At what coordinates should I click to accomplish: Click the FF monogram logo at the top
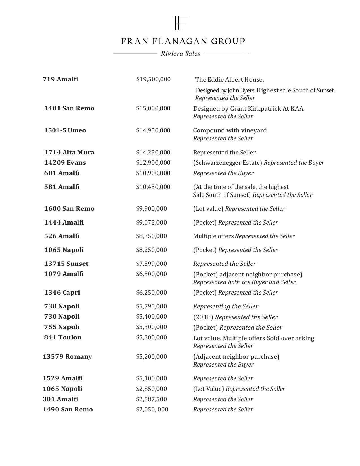click(x=180, y=23)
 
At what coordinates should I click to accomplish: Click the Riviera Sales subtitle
click(x=180, y=53)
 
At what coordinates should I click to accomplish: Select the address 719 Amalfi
click(x=60, y=79)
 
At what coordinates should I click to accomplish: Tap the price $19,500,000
click(x=153, y=79)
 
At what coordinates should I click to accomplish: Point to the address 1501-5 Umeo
click(x=65, y=130)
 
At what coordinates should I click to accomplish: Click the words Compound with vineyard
click(x=230, y=130)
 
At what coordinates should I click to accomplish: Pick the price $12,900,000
click(x=153, y=163)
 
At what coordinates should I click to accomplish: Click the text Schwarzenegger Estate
click(x=228, y=163)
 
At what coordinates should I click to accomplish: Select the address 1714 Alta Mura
click(x=69, y=153)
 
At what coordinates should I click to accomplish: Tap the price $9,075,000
click(x=151, y=223)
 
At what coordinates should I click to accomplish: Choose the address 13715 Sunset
click(x=66, y=264)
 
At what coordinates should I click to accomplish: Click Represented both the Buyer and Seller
click(x=245, y=282)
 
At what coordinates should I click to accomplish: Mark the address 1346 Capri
click(x=62, y=293)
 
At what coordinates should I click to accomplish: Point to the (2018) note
click(x=203, y=317)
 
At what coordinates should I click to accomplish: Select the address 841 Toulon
click(x=63, y=337)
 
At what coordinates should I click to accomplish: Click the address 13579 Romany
click(x=67, y=357)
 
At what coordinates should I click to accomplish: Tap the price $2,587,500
click(x=151, y=399)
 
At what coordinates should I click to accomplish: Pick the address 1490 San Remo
click(x=67, y=410)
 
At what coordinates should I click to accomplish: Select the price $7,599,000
click(x=151, y=264)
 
